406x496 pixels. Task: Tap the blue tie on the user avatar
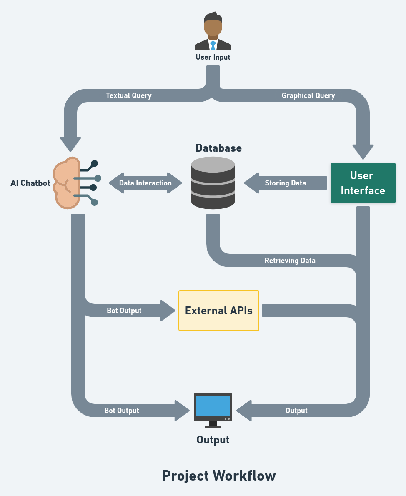(x=213, y=45)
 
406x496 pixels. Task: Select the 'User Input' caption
(x=213, y=57)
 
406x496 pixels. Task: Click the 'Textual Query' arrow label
(x=129, y=95)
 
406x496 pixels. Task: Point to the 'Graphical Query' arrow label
(x=308, y=95)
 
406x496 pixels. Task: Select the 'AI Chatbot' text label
(x=30, y=183)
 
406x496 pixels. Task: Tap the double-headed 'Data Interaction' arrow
(x=145, y=183)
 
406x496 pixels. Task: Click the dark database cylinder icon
(x=213, y=183)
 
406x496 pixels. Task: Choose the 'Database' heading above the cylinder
(x=218, y=148)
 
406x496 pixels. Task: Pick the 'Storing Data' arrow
(x=286, y=183)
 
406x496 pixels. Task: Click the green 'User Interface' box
(x=363, y=183)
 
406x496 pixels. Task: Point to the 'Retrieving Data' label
(x=290, y=261)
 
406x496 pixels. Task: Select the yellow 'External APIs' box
(x=219, y=311)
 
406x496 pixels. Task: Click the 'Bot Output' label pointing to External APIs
(x=124, y=311)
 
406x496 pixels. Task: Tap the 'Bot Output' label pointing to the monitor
(x=122, y=411)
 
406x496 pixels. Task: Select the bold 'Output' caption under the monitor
(x=213, y=440)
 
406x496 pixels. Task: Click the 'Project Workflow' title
(x=219, y=476)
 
